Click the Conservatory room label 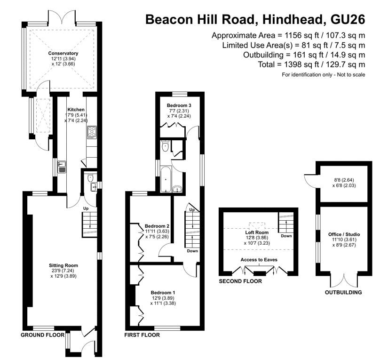63,53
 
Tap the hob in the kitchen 92,132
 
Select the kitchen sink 62,167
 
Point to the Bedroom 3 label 179,105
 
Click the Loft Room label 257,232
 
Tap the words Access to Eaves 259,260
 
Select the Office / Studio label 344,234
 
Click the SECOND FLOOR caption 240,281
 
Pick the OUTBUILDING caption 343,292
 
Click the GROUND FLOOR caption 42,335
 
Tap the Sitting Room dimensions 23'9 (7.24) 63,271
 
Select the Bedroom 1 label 163,293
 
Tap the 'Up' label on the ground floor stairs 86,208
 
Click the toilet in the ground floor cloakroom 90,177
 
